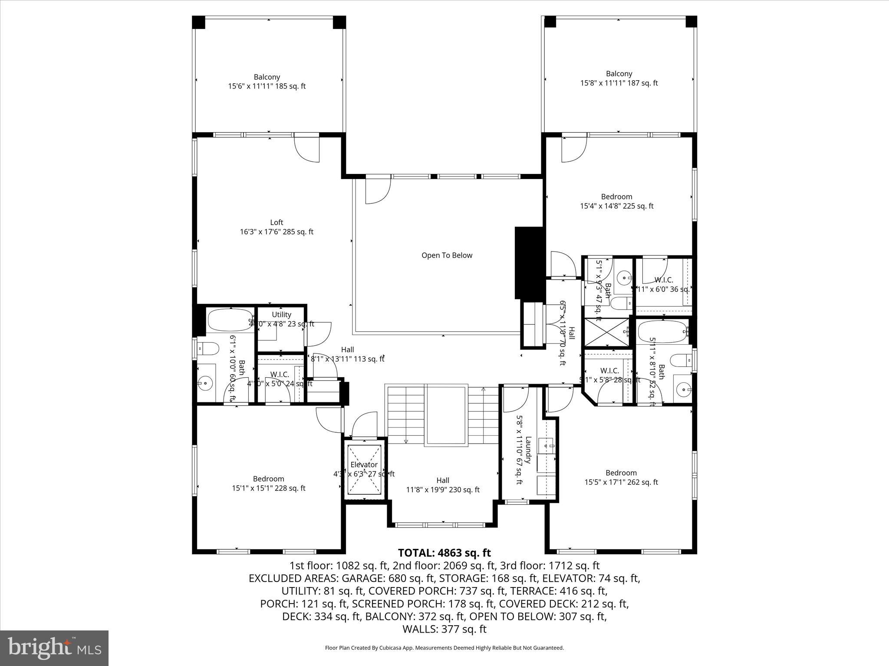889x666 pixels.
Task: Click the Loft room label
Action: tap(277, 222)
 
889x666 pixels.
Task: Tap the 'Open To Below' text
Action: tap(447, 255)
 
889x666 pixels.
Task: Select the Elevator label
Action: tap(364, 464)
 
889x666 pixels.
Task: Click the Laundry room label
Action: tap(528, 450)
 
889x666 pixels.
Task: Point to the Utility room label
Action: tap(281, 314)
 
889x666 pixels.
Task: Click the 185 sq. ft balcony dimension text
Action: tap(267, 86)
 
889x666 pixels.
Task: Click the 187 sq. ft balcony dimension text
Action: tap(619, 83)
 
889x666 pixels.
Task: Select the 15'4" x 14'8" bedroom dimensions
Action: tap(616, 206)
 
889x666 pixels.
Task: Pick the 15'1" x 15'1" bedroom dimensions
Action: tap(268, 488)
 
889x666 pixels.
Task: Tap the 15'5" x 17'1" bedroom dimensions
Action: tap(621, 482)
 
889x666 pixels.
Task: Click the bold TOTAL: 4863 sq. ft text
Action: tap(444, 553)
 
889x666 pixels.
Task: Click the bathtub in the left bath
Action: tap(230, 320)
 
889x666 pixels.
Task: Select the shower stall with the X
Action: tap(606, 333)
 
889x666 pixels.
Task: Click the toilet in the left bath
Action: tap(207, 348)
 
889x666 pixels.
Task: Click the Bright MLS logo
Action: tap(54, 647)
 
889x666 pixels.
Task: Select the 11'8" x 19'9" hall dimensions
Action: tap(443, 490)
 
